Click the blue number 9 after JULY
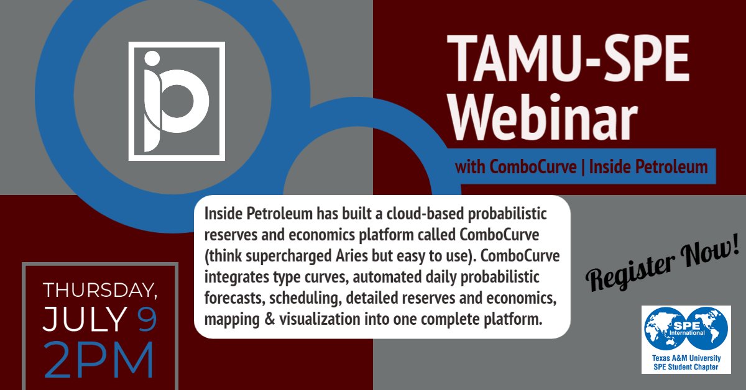click(x=147, y=319)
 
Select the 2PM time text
click(x=99, y=360)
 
